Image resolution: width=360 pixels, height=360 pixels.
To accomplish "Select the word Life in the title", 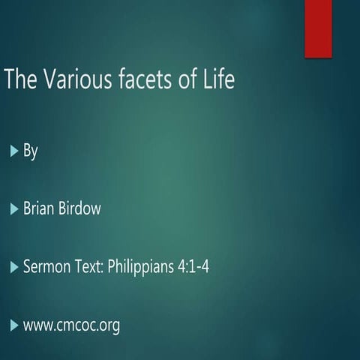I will (219, 79).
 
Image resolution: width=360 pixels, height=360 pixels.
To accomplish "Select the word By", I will (30, 151).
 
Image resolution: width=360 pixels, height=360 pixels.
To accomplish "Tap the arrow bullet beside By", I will (13, 151).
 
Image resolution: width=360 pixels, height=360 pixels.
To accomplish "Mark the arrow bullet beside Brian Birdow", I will (13, 208).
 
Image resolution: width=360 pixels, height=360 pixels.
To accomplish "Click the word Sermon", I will (46, 266).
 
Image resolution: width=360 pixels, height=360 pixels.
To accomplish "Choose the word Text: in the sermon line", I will (91, 266).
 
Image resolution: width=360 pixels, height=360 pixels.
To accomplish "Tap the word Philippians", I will (145, 267).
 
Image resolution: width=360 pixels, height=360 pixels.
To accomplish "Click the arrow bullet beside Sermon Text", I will (13, 266).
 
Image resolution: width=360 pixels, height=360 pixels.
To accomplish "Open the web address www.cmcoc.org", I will (71, 325).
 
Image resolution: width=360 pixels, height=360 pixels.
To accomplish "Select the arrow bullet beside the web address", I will (13, 325).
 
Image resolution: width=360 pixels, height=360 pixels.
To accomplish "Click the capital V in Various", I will (51, 79).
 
